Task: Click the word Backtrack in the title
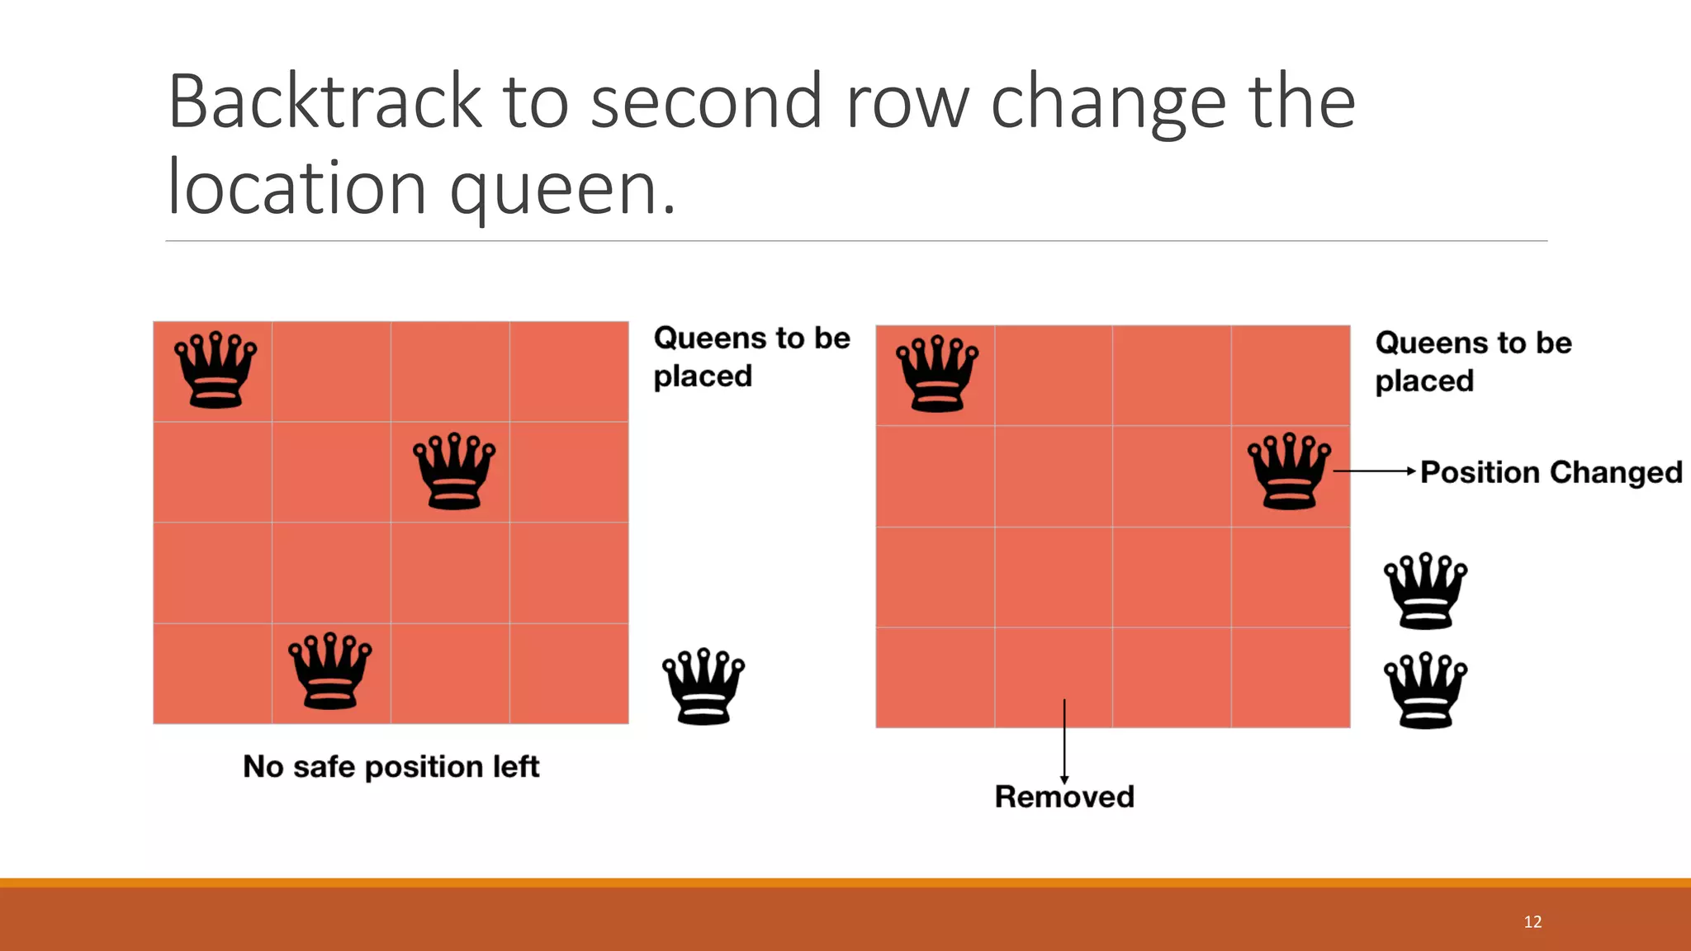[324, 102]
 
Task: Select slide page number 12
[1532, 922]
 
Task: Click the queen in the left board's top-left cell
[215, 370]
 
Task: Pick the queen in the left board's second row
[454, 471]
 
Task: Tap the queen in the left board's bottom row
[329, 671]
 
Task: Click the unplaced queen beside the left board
[703, 687]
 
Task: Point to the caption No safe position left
[391, 767]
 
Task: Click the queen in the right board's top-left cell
[937, 373]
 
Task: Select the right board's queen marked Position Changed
[1289, 471]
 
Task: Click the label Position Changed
[1551, 472]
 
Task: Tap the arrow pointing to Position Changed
[1375, 471]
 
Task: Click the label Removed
[1064, 797]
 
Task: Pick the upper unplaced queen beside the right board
[1425, 591]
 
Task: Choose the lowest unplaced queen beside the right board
[1425, 690]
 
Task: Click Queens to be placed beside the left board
[751, 357]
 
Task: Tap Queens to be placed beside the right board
[1472, 362]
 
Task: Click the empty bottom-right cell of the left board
[569, 674]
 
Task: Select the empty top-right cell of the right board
[1291, 376]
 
